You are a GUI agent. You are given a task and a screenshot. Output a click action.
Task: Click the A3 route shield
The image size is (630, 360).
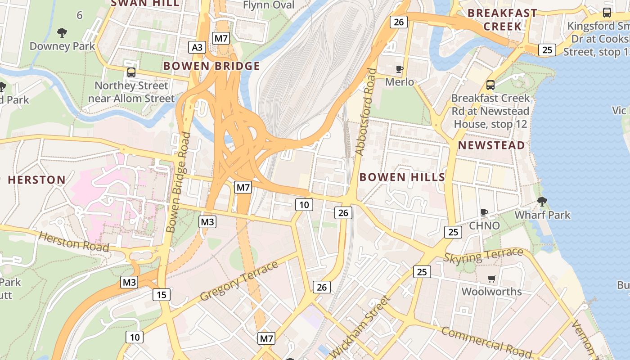point(197,47)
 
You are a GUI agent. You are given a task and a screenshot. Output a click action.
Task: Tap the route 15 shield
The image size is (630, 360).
point(162,295)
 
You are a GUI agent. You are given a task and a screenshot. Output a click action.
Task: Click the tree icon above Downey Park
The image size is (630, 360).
point(62,32)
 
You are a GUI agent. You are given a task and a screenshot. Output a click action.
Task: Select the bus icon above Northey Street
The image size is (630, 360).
point(131,72)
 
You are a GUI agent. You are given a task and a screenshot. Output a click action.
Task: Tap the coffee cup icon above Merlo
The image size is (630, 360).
point(399,69)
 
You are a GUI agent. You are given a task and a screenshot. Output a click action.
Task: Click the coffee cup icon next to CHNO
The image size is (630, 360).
point(484,212)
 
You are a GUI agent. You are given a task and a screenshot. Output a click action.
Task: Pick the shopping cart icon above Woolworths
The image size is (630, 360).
point(491,279)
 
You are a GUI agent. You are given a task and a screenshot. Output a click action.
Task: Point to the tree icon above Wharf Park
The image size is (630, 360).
point(542,201)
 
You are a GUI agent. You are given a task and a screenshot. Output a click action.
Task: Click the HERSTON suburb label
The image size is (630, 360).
point(37,180)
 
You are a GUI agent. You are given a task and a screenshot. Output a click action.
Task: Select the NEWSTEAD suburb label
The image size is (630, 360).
point(491,145)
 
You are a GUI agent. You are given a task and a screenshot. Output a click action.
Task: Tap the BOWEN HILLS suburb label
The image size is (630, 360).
point(402,177)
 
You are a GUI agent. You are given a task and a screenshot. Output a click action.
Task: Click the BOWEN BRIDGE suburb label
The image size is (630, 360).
point(211,66)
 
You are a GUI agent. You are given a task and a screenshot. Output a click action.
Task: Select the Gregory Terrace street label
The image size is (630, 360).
point(239,281)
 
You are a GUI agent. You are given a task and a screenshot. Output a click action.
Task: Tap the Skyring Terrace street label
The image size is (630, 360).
point(483,256)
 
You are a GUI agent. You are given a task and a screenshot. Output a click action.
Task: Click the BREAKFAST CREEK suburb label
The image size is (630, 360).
point(502,19)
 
